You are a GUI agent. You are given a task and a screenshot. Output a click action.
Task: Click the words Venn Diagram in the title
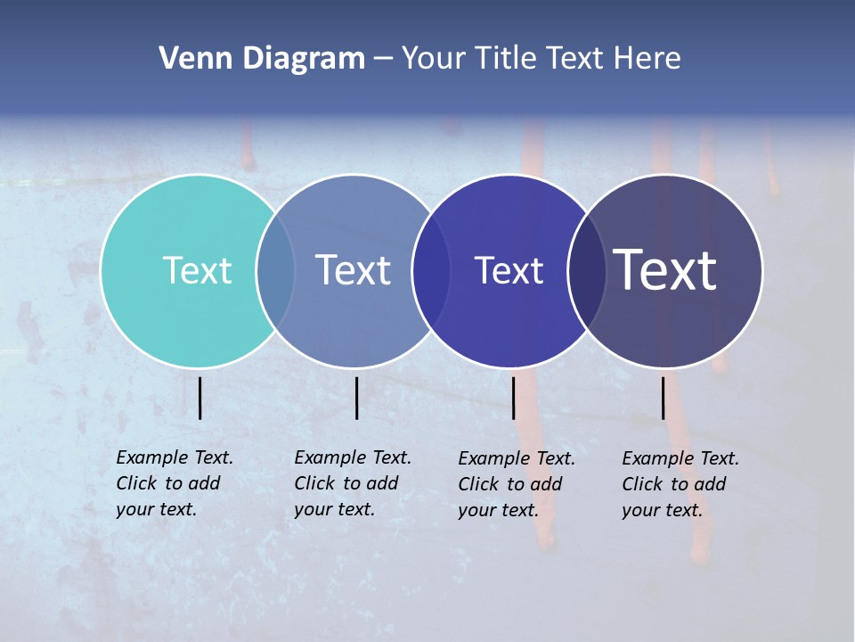click(262, 59)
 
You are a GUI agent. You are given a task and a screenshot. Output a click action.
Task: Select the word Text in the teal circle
click(197, 270)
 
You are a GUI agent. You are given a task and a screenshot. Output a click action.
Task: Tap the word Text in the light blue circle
click(354, 270)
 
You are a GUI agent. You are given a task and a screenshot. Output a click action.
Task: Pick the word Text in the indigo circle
click(509, 270)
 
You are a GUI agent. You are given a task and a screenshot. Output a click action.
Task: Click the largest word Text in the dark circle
click(665, 270)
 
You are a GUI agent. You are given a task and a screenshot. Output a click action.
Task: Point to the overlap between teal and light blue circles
click(275, 270)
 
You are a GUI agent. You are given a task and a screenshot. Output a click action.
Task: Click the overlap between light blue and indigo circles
click(431, 270)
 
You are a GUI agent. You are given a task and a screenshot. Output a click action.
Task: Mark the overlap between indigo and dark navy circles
click(587, 270)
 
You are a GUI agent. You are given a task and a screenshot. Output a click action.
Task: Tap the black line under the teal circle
click(199, 398)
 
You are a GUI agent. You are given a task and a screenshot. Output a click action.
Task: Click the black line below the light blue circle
click(356, 398)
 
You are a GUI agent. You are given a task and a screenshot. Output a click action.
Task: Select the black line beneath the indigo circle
click(513, 398)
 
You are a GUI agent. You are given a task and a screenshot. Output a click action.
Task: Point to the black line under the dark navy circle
click(664, 398)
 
